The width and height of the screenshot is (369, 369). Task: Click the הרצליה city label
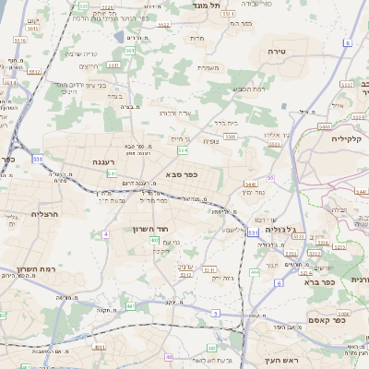click(19, 213)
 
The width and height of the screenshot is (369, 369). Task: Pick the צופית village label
click(211, 141)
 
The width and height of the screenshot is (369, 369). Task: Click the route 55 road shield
click(270, 177)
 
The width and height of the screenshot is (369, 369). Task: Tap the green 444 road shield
click(254, 273)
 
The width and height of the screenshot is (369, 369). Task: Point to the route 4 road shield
click(106, 234)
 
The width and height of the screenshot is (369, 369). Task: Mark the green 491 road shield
click(130, 306)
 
